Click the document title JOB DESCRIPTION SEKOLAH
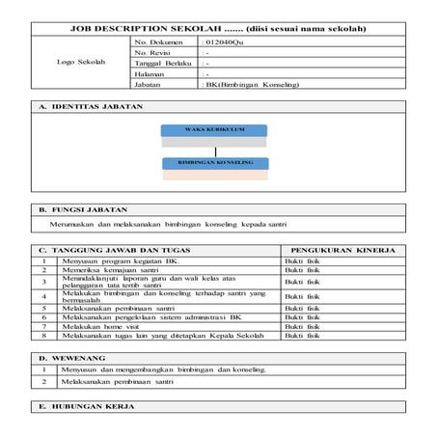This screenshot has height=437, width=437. click(219, 30)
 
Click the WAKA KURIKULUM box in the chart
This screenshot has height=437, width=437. click(214, 129)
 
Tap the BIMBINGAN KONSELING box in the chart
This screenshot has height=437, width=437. click(214, 162)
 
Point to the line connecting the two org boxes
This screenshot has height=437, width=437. click(214, 149)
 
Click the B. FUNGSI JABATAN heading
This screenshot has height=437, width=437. click(76, 209)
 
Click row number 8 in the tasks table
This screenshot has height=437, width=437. click(44, 336)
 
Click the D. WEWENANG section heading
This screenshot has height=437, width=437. click(65, 358)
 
